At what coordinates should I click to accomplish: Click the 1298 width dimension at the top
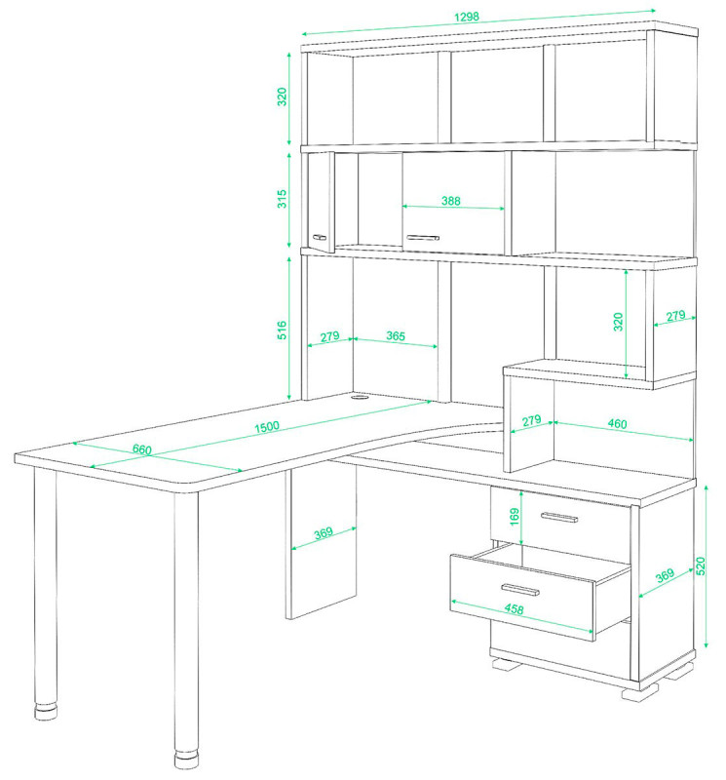click(467, 17)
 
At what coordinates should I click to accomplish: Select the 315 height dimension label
click(282, 199)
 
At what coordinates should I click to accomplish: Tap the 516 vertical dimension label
click(282, 331)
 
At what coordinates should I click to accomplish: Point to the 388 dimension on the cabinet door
click(451, 201)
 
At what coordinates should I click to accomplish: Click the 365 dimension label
click(396, 336)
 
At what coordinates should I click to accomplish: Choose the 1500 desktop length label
click(267, 427)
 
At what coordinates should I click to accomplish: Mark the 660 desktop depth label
click(141, 449)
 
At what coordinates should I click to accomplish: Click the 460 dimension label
click(617, 424)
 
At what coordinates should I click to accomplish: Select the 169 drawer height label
click(515, 517)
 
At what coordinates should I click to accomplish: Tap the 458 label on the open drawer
click(514, 608)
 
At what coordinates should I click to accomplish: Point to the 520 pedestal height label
click(701, 566)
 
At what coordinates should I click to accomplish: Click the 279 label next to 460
click(531, 421)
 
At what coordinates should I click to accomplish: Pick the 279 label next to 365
click(329, 337)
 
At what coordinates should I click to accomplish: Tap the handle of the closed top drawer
click(559, 518)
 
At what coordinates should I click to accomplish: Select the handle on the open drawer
click(520, 590)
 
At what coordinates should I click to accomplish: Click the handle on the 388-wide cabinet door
click(423, 238)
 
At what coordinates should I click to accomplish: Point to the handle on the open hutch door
click(320, 237)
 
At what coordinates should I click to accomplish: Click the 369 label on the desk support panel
click(324, 533)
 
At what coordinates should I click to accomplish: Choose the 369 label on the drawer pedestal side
click(665, 575)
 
